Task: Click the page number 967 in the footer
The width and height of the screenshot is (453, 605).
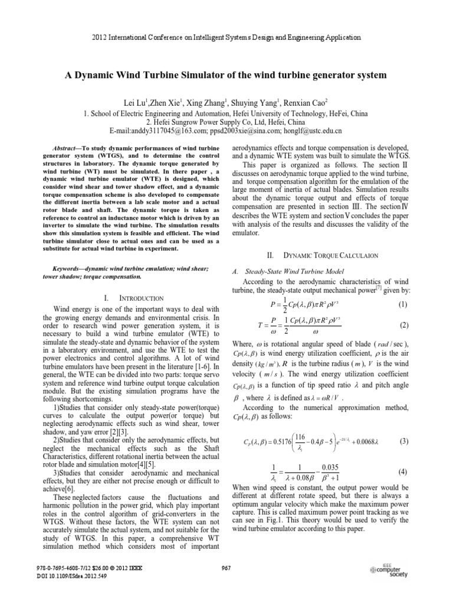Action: [225, 568]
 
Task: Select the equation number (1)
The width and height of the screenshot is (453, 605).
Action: [403, 305]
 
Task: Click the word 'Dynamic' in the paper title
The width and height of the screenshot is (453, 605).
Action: [97, 76]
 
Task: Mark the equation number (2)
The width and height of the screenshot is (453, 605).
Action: [403, 325]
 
